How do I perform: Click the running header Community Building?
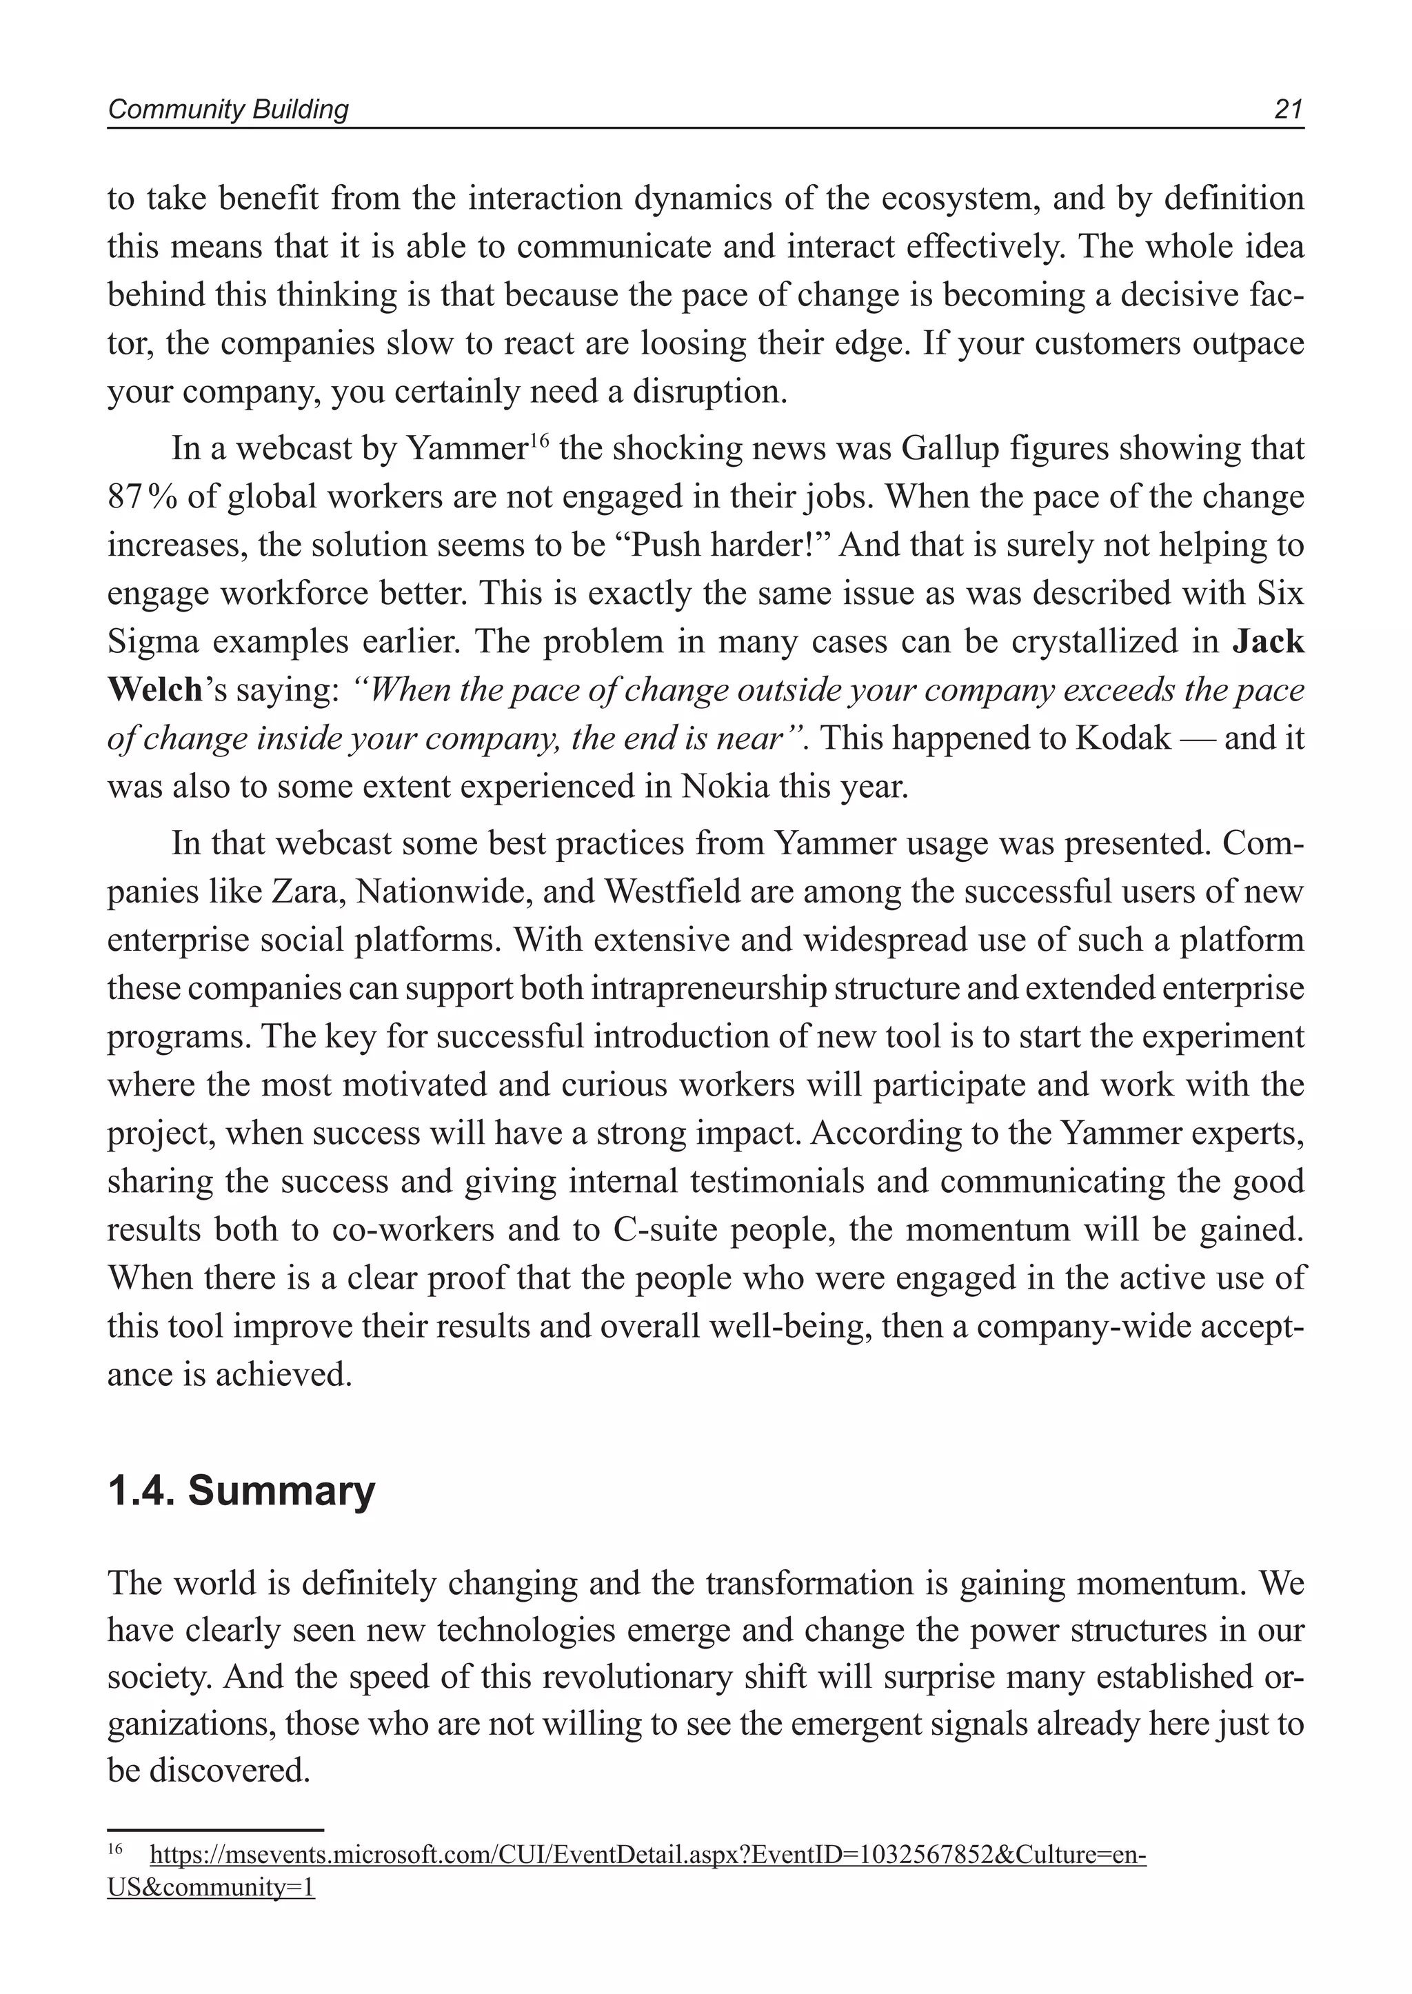[228, 110]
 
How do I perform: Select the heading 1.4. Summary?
[241, 1491]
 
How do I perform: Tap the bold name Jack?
[1269, 642]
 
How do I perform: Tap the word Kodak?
[1123, 738]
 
